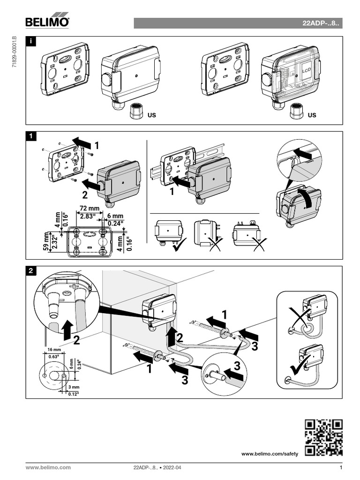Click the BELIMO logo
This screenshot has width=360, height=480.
click(x=47, y=22)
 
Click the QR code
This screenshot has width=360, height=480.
click(x=323, y=438)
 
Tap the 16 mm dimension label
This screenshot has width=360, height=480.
click(x=54, y=350)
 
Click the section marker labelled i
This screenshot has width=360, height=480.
click(x=31, y=42)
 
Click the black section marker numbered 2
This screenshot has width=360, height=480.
click(x=31, y=271)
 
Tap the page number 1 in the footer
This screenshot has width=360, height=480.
click(x=341, y=467)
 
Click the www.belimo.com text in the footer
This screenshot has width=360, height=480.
click(x=48, y=467)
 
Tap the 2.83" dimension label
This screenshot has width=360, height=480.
click(x=87, y=216)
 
